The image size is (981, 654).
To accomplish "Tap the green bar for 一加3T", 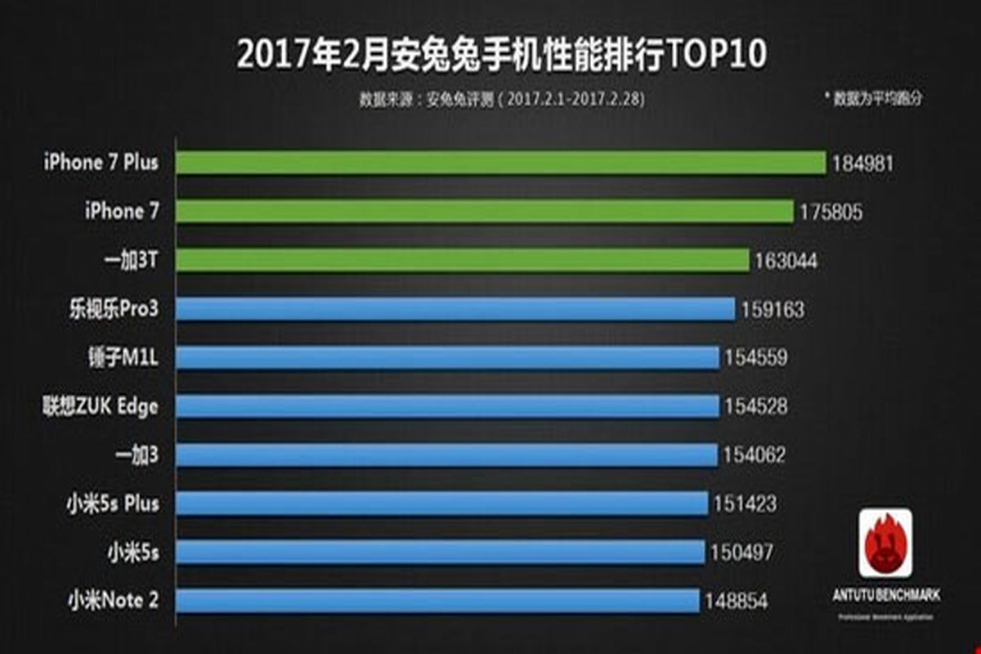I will click(462, 261).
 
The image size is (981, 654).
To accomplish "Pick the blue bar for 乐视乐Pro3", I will click(455, 310).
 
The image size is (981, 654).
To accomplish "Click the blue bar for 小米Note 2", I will click(437, 601).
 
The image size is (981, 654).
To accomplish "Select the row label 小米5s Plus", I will click(114, 504).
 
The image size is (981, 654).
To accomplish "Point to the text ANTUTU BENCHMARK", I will click(885, 596).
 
